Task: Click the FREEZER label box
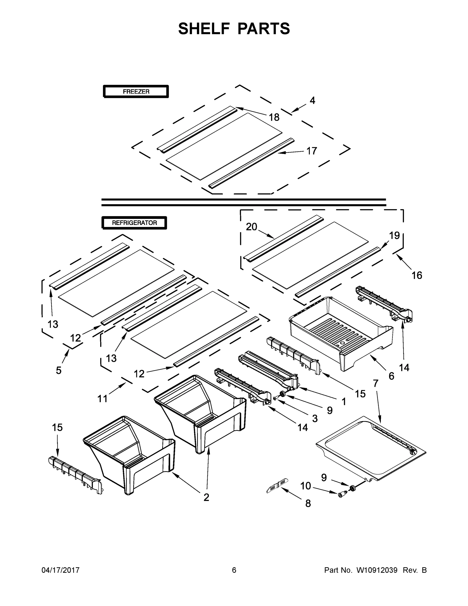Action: pos(136,91)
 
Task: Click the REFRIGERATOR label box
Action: pos(134,222)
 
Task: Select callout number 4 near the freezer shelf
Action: pos(312,100)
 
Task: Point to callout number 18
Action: pos(274,117)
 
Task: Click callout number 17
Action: pos(311,151)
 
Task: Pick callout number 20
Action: pos(252,227)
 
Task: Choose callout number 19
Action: pos(394,236)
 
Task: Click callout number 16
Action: pos(417,275)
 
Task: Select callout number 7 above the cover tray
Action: pos(375,383)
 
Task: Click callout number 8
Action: pos(308,503)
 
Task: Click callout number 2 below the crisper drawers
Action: pos(206,497)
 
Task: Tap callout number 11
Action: pos(102,399)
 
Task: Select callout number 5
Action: pos(59,370)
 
